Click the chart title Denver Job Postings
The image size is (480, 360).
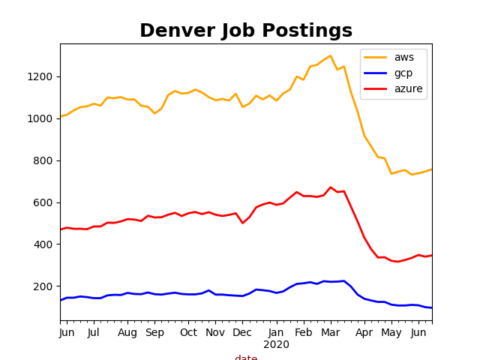coord(246,31)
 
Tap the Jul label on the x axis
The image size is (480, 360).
coord(94,332)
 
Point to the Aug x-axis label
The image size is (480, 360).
coord(127,332)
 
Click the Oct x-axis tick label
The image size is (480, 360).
coord(188,332)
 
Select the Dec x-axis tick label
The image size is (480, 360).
coord(242,332)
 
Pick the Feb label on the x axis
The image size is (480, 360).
coord(303,332)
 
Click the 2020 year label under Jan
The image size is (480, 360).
coord(276,344)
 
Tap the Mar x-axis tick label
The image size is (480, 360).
coord(330,332)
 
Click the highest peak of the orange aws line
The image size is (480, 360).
coord(330,55)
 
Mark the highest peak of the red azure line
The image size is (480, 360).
coord(330,187)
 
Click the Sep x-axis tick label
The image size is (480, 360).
coord(154,332)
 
